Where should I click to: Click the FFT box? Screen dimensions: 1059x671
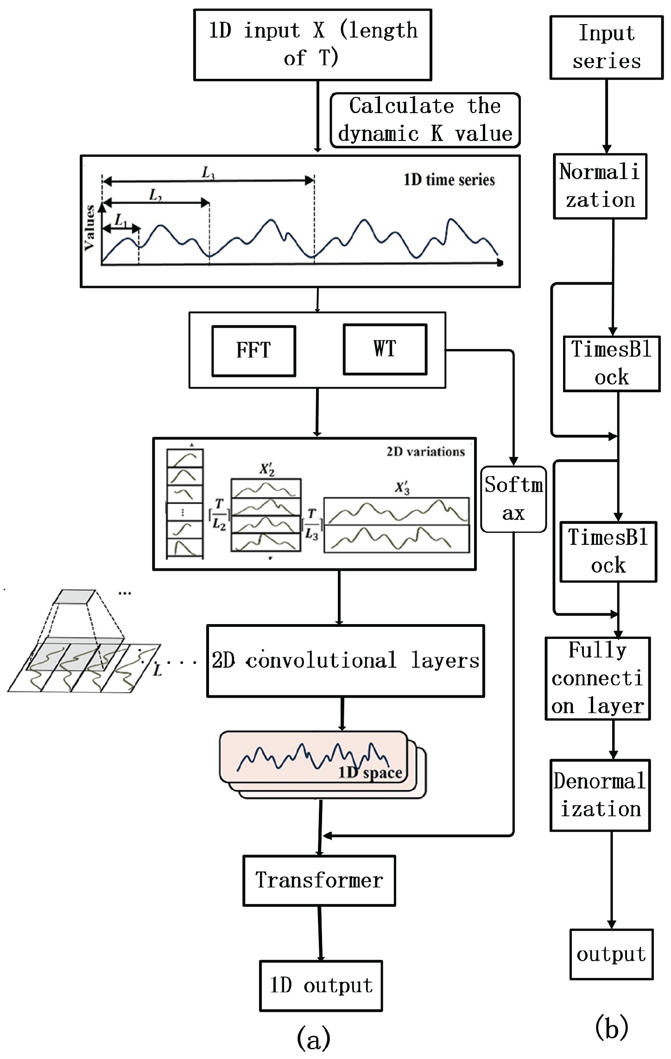253,351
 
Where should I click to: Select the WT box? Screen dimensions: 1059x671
385,349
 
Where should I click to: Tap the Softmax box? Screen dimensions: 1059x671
513,499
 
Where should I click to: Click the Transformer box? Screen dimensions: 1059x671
319,880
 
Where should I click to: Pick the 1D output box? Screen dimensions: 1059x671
321,985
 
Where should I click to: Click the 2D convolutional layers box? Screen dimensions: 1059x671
345,661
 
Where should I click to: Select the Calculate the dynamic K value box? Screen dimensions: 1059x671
425,120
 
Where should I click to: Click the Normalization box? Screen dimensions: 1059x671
600,186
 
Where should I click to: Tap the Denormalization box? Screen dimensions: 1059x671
600,795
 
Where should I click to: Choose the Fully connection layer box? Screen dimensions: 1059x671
598,678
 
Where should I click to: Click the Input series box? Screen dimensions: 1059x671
607,47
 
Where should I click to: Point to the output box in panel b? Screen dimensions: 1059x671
611,954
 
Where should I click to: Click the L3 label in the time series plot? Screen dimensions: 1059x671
208,173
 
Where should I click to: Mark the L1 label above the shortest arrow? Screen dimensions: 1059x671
120,220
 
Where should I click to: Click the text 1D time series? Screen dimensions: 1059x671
449,180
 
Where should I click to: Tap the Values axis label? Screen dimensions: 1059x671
89,228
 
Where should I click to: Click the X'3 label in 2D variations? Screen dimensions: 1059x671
402,488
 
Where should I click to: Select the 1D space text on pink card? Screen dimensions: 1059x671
370,773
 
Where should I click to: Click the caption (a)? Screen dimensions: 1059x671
314,1039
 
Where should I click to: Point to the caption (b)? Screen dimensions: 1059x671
611,1027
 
